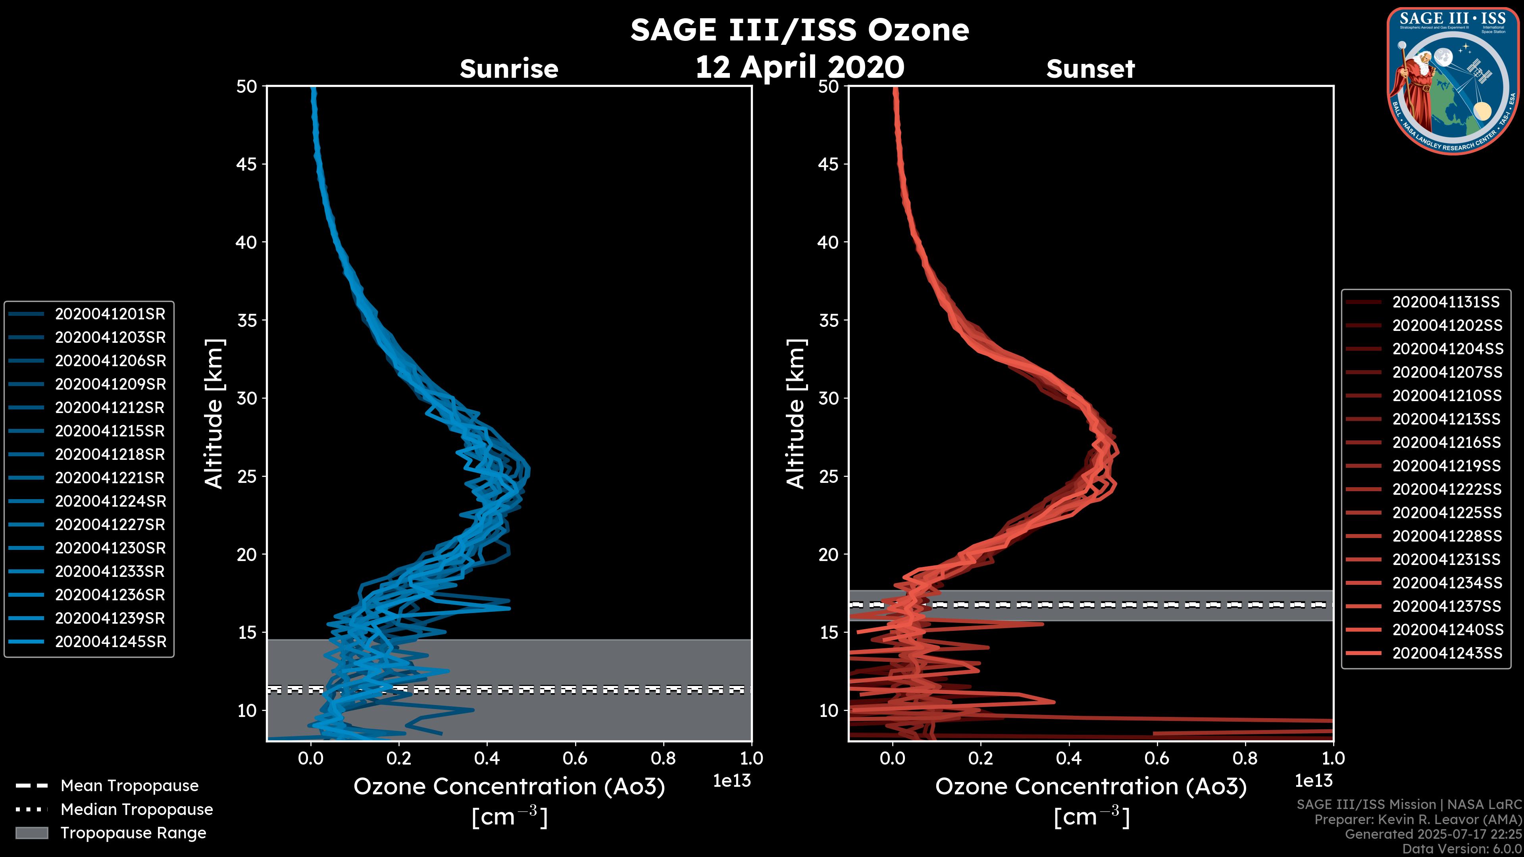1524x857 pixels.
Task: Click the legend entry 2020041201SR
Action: point(110,314)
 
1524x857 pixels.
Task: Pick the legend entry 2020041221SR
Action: point(110,478)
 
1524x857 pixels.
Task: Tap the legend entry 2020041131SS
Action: point(1446,302)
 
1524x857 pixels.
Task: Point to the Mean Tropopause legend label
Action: point(129,786)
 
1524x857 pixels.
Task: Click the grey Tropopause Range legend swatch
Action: point(31,833)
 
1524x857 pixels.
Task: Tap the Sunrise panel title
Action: point(509,69)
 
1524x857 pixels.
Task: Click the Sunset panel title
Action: point(1090,69)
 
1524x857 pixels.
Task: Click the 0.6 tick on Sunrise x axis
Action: point(575,758)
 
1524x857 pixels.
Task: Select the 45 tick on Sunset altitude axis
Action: point(828,164)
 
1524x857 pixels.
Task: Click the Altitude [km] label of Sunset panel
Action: point(796,413)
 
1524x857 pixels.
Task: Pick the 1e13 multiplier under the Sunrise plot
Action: point(732,781)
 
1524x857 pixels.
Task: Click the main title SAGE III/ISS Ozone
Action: point(799,30)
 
